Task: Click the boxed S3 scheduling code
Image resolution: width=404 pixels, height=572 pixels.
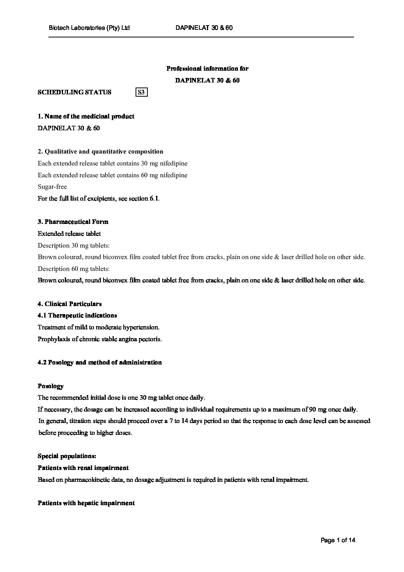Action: (141, 92)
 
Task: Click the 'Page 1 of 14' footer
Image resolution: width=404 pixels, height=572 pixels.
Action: (338, 540)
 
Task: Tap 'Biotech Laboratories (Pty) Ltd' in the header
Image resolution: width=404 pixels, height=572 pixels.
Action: (89, 28)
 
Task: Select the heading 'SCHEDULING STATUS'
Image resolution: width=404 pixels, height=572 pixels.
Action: (74, 92)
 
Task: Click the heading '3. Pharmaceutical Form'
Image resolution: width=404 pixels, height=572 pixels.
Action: (73, 222)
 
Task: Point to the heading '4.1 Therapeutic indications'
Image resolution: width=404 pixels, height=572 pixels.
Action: (77, 315)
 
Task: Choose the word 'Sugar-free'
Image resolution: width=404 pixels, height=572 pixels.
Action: (52, 187)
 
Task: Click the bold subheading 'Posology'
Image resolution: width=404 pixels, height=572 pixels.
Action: (50, 386)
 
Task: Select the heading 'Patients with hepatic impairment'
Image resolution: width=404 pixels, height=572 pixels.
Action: (86, 503)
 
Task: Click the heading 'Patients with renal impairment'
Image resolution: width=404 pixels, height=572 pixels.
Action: (83, 468)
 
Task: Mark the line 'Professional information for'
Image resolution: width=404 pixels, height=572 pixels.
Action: (207, 69)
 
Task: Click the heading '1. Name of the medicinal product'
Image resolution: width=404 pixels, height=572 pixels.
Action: (86, 116)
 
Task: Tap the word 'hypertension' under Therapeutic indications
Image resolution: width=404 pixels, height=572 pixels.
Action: (140, 327)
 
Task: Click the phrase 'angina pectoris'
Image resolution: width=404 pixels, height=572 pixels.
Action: (141, 339)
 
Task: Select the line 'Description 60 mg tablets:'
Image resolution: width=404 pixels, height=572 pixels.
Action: (74, 269)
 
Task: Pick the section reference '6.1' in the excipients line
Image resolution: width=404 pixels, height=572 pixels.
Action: (154, 198)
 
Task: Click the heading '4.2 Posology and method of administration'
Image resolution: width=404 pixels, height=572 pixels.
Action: (100, 362)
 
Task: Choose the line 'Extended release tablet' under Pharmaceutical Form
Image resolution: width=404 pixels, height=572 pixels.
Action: (69, 233)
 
